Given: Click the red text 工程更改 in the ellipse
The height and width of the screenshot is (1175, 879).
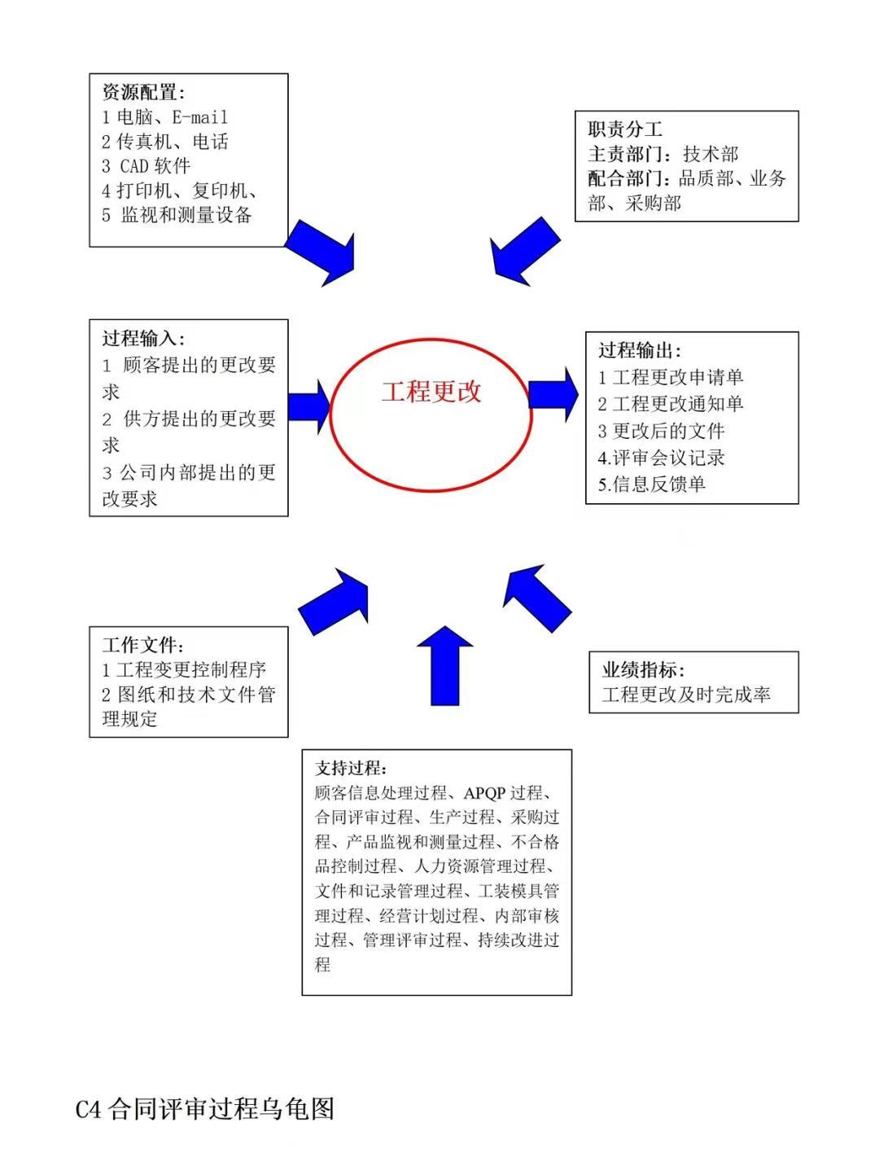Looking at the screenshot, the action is pyautogui.click(x=431, y=392).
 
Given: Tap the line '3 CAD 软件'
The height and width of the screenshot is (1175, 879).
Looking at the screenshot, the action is pyautogui.click(x=146, y=166).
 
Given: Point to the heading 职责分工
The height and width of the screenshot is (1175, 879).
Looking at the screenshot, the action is pyautogui.click(x=625, y=129).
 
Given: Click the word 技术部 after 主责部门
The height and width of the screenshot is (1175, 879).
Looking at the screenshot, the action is pyautogui.click(x=711, y=154).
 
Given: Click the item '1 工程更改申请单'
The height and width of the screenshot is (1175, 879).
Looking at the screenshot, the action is pyautogui.click(x=671, y=377).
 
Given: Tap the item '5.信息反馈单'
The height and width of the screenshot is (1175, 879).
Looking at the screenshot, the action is pyautogui.click(x=652, y=484).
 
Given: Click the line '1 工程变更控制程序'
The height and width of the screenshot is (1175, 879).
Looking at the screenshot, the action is pyautogui.click(x=183, y=669).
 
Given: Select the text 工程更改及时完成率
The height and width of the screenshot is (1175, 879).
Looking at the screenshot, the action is pyautogui.click(x=686, y=695).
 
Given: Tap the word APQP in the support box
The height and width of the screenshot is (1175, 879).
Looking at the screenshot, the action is pyautogui.click(x=484, y=793).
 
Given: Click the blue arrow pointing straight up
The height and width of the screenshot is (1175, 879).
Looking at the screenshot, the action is pyautogui.click(x=444, y=665).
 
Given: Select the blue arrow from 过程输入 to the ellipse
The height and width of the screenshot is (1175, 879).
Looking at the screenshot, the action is pyautogui.click(x=309, y=407).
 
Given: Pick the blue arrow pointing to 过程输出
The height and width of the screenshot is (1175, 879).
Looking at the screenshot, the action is pyautogui.click(x=553, y=395).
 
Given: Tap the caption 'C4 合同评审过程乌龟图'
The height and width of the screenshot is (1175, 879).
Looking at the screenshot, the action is pyautogui.click(x=204, y=1108).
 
